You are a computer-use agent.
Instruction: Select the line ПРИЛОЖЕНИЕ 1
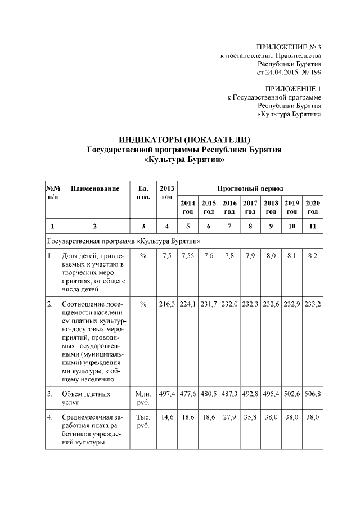(x=292, y=88)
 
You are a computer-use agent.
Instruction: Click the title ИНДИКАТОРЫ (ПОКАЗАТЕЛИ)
(x=184, y=139)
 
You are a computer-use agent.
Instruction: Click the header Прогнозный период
(x=250, y=188)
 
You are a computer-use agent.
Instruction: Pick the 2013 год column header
(x=166, y=192)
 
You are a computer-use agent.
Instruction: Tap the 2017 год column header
(x=250, y=207)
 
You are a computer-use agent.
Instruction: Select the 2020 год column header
(x=312, y=207)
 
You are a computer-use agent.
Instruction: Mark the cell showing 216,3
(x=166, y=304)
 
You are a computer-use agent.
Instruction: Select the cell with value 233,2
(x=312, y=304)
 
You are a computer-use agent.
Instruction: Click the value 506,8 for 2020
(x=312, y=394)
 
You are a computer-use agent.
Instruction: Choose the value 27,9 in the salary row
(x=229, y=418)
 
